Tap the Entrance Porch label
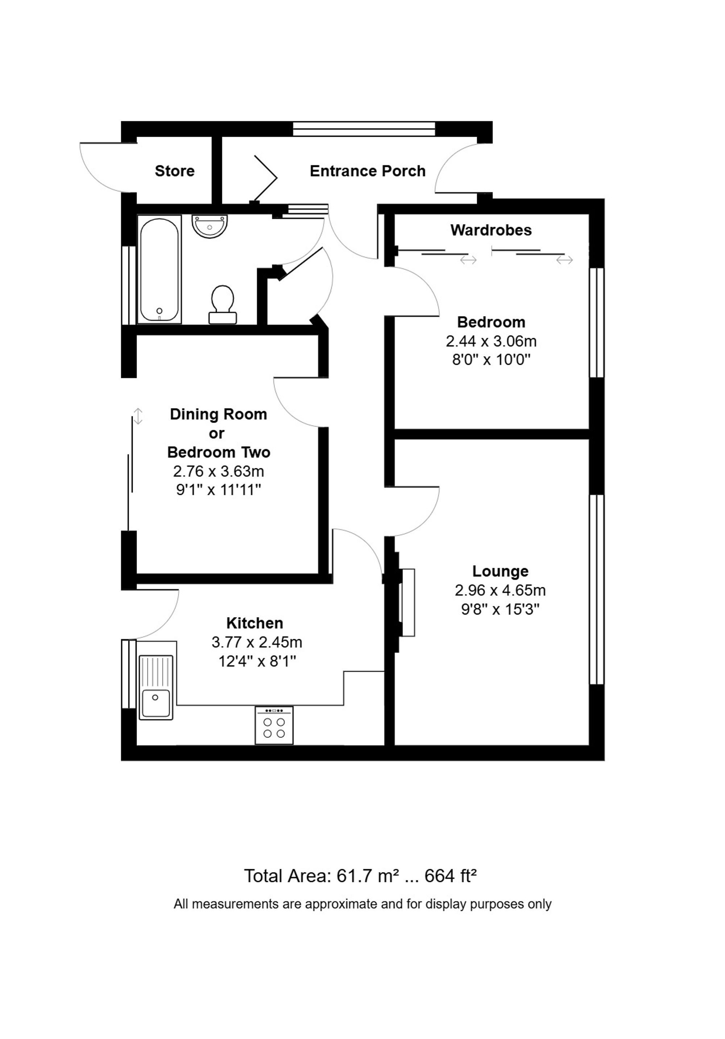[367, 171]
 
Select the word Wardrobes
[491, 230]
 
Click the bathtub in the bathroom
[159, 269]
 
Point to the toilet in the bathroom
[223, 304]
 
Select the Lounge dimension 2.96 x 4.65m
[500, 590]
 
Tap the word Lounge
[500, 571]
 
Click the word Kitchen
[254, 623]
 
